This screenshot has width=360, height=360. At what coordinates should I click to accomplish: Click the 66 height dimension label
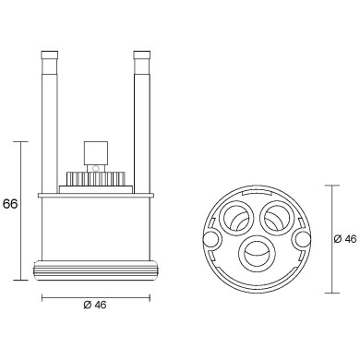click(x=11, y=204)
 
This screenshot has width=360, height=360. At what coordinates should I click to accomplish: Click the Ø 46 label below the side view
click(x=94, y=306)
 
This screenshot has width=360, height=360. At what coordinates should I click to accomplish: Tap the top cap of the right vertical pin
click(x=142, y=58)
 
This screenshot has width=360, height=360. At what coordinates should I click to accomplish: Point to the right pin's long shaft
click(x=142, y=129)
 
